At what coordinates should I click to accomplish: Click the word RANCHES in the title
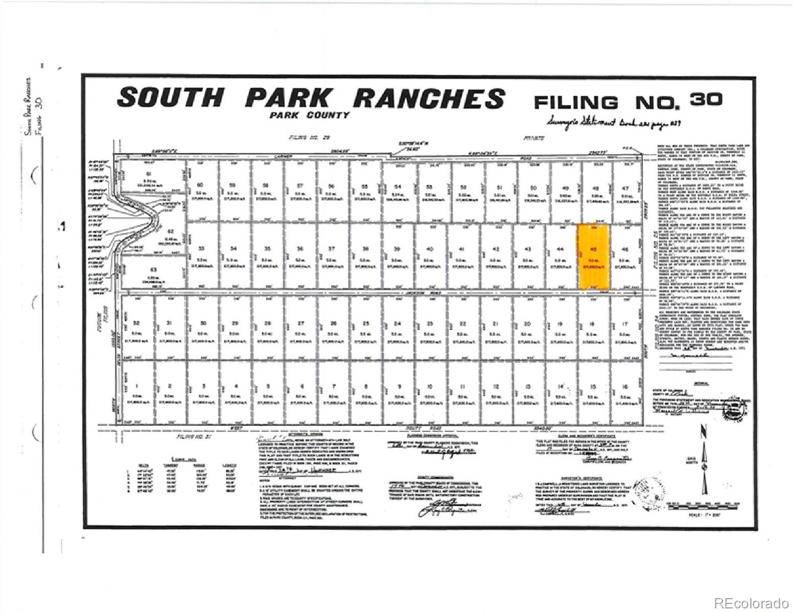coord(429,98)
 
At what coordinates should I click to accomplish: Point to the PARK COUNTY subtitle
coord(310,115)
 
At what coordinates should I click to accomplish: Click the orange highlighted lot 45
coord(593,256)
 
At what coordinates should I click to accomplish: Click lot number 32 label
coord(136,324)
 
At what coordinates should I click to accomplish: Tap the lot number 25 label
coord(366,324)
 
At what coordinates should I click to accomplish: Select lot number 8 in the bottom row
coord(366,387)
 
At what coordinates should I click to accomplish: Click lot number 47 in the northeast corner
coord(625,188)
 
